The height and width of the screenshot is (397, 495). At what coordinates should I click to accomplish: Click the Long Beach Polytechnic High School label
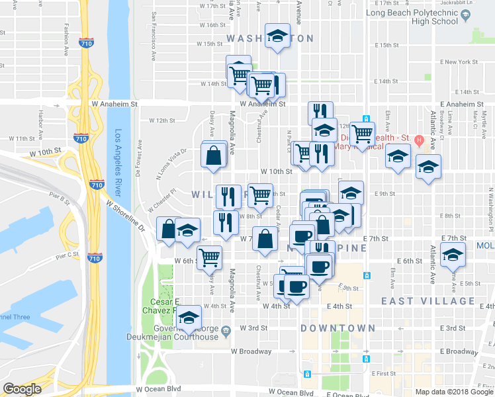(x=411, y=17)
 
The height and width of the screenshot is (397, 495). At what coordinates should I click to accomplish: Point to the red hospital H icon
(x=419, y=140)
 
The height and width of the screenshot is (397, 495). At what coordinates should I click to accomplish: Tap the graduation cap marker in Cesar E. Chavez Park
(x=189, y=317)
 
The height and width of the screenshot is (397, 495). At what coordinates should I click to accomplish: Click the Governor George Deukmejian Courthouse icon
(x=226, y=329)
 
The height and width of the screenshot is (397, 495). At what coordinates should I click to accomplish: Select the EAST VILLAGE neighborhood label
(x=429, y=301)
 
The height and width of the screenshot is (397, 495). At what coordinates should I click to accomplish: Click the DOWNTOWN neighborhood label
(x=338, y=328)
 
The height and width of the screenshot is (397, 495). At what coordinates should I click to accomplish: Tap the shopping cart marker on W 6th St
(x=209, y=257)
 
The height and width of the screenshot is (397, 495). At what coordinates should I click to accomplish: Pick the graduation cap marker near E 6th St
(x=453, y=255)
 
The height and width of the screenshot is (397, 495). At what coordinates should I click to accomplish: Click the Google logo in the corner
(x=22, y=389)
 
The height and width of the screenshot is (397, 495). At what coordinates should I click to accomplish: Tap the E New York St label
(x=459, y=62)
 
